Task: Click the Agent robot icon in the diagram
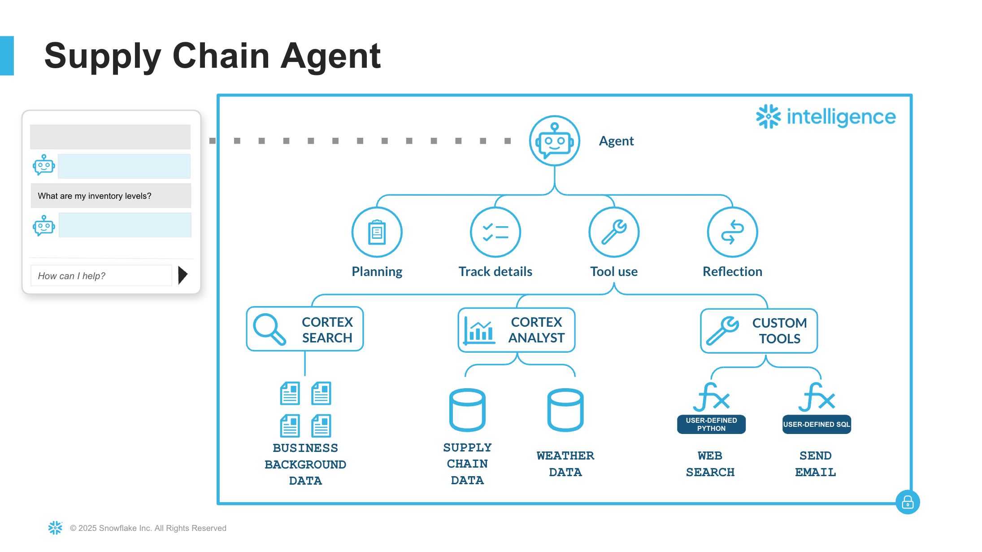555,141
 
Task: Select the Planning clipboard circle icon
377,232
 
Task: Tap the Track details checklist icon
495,232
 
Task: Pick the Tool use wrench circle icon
614,232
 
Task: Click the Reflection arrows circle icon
732,232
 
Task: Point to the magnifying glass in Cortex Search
269,329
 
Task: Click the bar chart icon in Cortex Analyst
479,331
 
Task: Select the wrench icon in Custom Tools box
722,331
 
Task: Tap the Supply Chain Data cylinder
467,410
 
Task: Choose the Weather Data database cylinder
565,410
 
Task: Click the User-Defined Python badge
711,424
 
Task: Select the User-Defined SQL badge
817,424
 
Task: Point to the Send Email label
815,464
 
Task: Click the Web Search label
710,464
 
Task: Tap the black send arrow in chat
182,275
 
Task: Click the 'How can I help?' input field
101,276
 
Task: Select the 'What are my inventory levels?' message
111,196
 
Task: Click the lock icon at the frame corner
908,502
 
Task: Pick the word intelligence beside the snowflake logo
841,117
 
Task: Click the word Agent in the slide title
330,56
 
